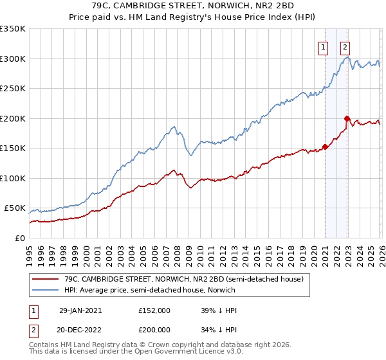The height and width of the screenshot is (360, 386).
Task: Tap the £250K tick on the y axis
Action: coord(13,89)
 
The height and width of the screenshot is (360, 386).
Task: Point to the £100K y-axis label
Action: coord(13,178)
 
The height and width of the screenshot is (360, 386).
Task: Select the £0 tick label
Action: coord(19,238)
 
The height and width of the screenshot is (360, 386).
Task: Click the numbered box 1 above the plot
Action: coord(322,46)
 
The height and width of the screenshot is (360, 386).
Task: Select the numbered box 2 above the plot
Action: coord(345,46)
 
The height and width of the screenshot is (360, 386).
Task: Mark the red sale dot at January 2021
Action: coord(325,147)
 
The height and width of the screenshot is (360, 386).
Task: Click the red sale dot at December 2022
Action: coord(347,118)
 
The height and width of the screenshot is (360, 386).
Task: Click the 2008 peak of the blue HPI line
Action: coord(174,127)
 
